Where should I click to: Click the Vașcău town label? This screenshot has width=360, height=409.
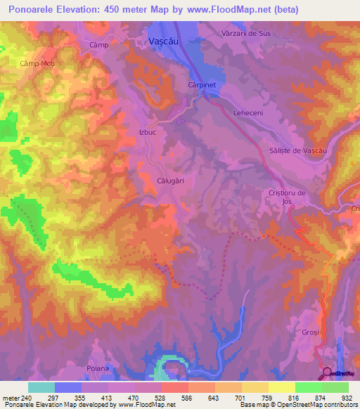click(167, 42)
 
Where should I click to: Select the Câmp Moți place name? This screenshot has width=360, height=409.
click(37, 63)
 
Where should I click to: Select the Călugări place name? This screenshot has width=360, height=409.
click(170, 181)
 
